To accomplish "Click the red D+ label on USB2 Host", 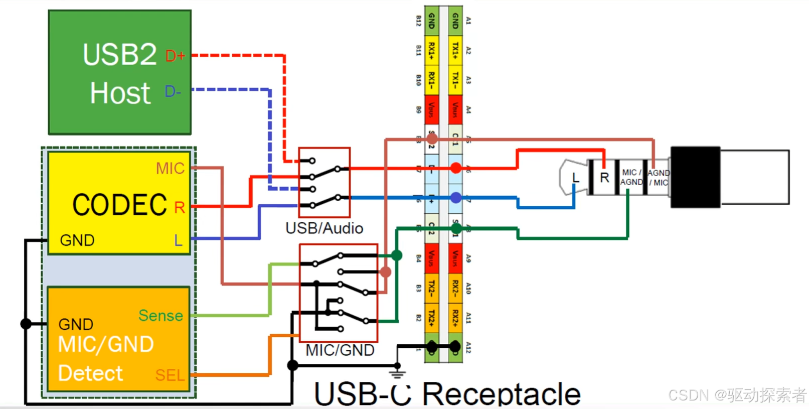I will (x=175, y=56).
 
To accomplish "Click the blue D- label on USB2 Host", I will (x=173, y=91).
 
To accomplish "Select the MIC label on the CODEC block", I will (x=170, y=168).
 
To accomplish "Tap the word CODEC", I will (x=119, y=205).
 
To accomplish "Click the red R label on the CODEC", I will (x=179, y=207).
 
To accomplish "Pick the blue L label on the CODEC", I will (x=178, y=240).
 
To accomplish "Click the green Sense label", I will (x=160, y=315).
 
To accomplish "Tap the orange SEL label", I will (x=170, y=375).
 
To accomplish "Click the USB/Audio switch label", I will (x=324, y=228).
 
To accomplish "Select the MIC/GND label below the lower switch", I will (x=340, y=350).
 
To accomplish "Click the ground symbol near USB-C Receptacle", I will (x=397, y=373).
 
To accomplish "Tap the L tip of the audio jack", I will (x=575, y=178).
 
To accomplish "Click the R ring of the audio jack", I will (x=604, y=178).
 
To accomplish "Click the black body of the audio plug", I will (x=695, y=177).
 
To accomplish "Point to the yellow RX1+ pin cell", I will (x=431, y=50).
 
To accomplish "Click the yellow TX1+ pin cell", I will (x=455, y=50).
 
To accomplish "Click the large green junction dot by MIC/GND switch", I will (x=396, y=255).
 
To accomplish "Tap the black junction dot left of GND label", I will (x=26, y=324).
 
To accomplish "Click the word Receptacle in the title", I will (x=501, y=394).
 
